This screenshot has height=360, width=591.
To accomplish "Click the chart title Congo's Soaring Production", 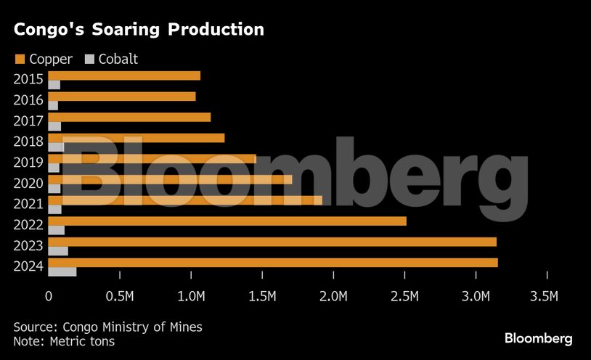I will (x=138, y=30).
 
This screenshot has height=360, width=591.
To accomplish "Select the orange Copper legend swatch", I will (x=19, y=59).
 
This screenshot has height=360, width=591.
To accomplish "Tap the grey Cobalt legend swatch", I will (x=90, y=59).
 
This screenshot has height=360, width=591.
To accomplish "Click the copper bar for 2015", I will (x=123, y=75).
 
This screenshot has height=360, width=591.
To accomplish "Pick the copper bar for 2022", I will (x=227, y=221).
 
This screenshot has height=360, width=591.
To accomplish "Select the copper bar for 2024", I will (x=272, y=262).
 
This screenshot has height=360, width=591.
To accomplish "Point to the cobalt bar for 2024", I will (x=62, y=271).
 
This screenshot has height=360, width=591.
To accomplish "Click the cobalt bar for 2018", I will (x=56, y=147).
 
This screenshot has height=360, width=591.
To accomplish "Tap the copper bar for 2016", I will (x=121, y=97).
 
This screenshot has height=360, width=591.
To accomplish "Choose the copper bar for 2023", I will (x=272, y=242).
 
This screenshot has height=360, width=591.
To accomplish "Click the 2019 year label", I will (x=29, y=163).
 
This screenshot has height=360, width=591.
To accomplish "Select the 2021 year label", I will (x=29, y=204).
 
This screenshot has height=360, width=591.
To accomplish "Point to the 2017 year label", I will (x=29, y=121).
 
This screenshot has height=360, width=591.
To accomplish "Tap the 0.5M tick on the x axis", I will (x=119, y=296).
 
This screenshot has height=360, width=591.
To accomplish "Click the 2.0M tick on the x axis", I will (x=333, y=296).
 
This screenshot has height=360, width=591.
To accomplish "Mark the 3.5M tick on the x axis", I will (x=547, y=296).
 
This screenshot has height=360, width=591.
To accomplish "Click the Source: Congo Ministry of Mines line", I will (x=107, y=327).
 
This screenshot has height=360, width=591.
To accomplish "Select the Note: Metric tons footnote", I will (x=64, y=340).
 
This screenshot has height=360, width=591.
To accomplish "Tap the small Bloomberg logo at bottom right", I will (x=538, y=339).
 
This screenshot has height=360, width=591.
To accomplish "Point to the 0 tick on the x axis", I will (x=49, y=296).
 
